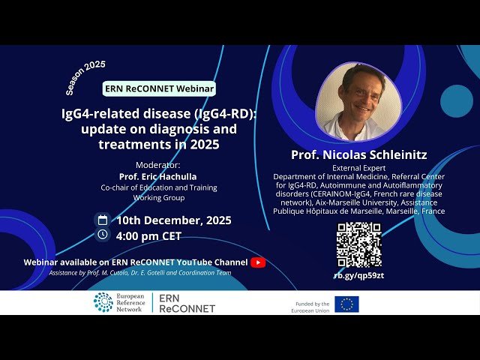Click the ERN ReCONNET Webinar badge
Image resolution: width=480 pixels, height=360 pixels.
point(159,88)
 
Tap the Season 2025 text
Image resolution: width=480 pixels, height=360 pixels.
point(85,77)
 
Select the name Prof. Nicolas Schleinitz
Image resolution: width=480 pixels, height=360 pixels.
point(358,154)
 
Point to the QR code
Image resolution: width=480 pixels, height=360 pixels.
point(358,245)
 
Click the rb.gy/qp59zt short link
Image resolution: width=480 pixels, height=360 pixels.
point(358,275)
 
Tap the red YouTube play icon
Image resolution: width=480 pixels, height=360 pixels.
point(258,262)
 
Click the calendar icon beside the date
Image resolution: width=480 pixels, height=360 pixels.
point(103,220)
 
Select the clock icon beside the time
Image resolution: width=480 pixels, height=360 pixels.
point(103,235)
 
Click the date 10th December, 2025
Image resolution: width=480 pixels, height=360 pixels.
point(173,220)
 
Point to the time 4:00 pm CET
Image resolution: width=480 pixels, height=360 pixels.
point(148,235)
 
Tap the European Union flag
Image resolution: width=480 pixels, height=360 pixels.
point(346,304)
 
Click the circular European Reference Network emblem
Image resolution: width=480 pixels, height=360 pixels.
point(103,302)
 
